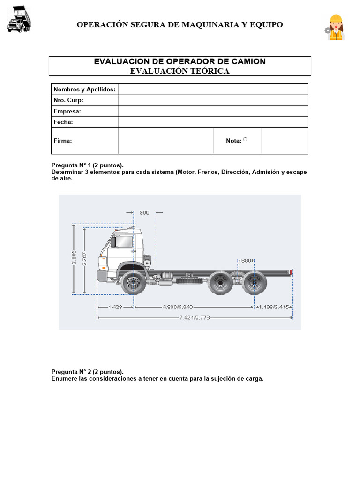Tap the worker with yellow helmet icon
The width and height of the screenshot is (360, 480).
[335, 28]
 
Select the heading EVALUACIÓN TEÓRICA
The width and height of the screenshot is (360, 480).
[180, 71]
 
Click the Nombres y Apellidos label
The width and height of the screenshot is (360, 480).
[84, 89]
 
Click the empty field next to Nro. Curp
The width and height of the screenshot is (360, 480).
[213, 100]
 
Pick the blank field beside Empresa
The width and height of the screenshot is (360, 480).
[213, 111]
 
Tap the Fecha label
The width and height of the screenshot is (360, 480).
[63, 122]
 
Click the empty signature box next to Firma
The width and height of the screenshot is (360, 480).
[165, 141]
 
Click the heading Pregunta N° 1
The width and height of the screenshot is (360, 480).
[87, 165]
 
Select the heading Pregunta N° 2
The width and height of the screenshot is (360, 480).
[87, 372]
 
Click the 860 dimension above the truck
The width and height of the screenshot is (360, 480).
[144, 213]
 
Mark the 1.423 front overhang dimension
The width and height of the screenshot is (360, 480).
[115, 307]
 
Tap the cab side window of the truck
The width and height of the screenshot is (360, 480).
[124, 241]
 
